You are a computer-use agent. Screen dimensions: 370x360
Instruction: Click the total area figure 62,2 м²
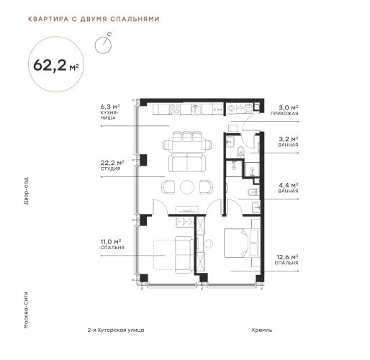click(56, 65)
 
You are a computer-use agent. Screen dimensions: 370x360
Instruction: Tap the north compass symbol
click(103, 45)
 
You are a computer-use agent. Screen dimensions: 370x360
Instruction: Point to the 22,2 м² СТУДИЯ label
click(112, 166)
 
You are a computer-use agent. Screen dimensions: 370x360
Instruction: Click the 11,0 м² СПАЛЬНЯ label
click(112, 244)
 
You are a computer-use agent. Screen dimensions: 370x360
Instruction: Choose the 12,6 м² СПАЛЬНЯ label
click(286, 260)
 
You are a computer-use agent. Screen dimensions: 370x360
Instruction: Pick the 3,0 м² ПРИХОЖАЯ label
click(284, 110)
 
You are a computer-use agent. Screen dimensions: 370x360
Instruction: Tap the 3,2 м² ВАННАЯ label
click(288, 142)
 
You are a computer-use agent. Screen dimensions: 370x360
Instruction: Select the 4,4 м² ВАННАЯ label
click(288, 188)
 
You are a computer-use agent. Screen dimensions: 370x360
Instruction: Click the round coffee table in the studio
click(187, 186)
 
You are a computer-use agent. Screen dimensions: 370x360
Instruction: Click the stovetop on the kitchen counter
click(174, 109)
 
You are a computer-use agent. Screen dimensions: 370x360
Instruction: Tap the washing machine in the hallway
click(232, 109)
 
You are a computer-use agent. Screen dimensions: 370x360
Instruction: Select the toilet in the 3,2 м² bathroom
click(240, 152)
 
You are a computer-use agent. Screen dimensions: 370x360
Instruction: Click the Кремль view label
click(262, 330)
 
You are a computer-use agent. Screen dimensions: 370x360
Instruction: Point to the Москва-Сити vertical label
click(26, 310)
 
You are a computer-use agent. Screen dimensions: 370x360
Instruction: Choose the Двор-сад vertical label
click(26, 191)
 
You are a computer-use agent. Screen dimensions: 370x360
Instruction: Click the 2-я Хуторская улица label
click(116, 330)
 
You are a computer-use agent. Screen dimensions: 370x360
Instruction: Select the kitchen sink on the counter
click(196, 109)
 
